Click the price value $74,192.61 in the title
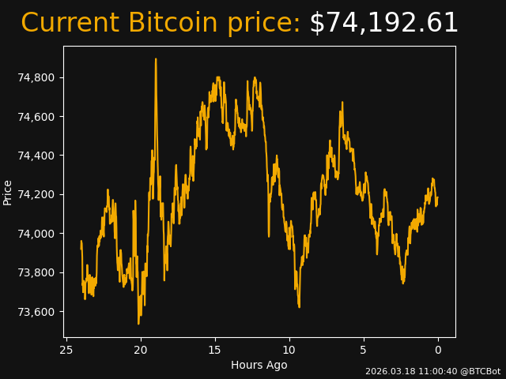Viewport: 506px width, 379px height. click(x=383, y=24)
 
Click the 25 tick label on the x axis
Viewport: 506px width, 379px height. click(x=66, y=350)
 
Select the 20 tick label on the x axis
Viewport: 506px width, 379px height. click(x=141, y=350)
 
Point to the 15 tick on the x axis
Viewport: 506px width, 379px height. click(x=215, y=350)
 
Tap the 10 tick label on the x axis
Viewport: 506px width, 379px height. click(x=289, y=350)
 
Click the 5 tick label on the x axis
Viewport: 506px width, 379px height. click(x=364, y=350)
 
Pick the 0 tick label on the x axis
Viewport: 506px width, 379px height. click(x=438, y=350)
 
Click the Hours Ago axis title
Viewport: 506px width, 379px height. click(x=259, y=365)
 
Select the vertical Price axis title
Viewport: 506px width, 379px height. click(x=8, y=192)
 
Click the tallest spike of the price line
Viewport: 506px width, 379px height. click(x=156, y=59)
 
